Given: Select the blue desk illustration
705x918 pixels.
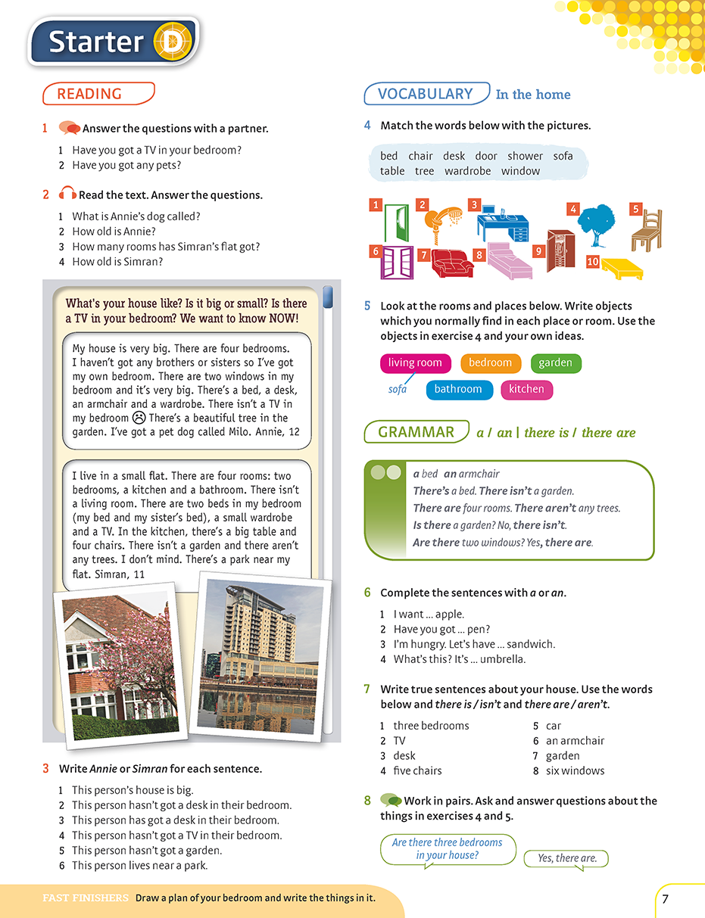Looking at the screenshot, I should (x=502, y=222).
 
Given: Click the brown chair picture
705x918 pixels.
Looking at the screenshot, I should (x=647, y=230).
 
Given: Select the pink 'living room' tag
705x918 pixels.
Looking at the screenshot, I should (x=415, y=363).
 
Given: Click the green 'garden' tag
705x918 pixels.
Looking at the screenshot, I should (x=556, y=363).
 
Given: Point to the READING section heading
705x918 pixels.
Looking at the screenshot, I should (x=98, y=94).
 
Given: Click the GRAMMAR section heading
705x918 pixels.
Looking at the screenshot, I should (x=416, y=432).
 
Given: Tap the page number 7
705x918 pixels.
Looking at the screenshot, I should (x=665, y=899).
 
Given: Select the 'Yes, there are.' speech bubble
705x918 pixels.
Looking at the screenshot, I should (x=566, y=858).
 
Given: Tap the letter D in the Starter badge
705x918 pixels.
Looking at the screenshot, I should (x=173, y=43).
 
